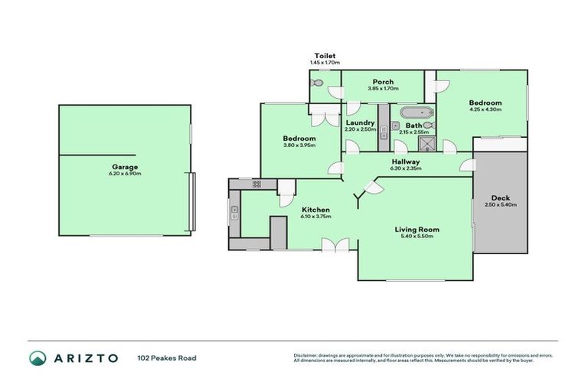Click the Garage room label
126,166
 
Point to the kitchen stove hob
256,184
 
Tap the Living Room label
416,229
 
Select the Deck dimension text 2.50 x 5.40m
501,204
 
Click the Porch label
383,82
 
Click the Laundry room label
360,122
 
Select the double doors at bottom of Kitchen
330,245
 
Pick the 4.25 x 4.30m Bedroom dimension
485,109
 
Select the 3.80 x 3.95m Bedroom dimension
299,145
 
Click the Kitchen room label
315,209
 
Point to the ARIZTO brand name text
86,358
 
